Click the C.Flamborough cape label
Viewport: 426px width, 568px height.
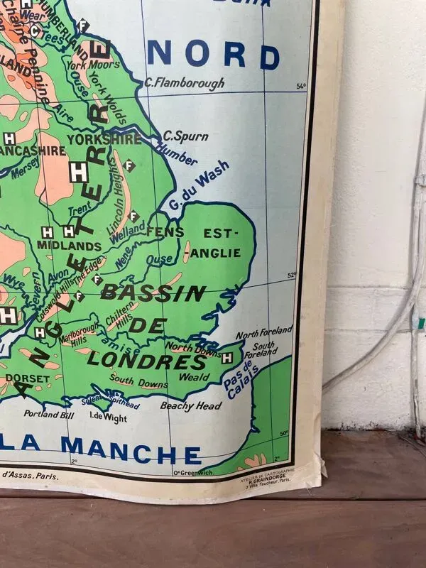pyautogui.click(x=184, y=83)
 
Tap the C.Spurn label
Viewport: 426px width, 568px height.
pyautogui.click(x=179, y=135)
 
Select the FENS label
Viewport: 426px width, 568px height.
pyautogui.click(x=165, y=231)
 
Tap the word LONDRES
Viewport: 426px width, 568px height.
pyautogui.click(x=147, y=359)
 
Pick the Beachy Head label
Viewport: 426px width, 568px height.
pyautogui.click(x=190, y=406)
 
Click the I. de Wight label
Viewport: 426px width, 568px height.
pyautogui.click(x=108, y=418)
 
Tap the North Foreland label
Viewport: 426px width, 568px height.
pyautogui.click(x=264, y=332)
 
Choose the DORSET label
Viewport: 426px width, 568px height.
pyautogui.click(x=28, y=378)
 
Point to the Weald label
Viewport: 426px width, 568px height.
pyautogui.click(x=195, y=377)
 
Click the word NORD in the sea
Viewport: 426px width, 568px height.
pyautogui.click(x=214, y=55)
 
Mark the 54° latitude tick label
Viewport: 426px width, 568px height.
pyautogui.click(x=301, y=87)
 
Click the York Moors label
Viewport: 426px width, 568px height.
pyautogui.click(x=84, y=65)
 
